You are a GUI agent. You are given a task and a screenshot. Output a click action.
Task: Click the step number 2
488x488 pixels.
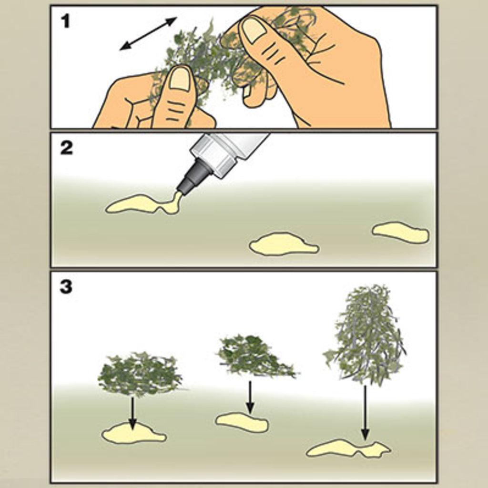66,148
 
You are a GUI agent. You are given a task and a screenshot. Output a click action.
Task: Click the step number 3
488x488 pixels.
66,286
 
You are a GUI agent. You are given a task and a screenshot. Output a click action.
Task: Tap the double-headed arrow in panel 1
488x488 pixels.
149,33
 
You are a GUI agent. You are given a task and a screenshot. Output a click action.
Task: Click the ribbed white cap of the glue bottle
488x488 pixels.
216,154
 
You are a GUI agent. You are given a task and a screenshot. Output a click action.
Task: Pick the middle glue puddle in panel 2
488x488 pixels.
283,244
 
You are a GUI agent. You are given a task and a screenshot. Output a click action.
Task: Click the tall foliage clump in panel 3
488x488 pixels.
365,332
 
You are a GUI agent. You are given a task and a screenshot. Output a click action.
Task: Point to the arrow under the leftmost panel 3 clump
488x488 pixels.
133,413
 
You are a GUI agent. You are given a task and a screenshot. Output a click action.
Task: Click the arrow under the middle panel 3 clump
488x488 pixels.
250,397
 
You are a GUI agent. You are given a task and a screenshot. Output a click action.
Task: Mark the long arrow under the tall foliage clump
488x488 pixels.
365,413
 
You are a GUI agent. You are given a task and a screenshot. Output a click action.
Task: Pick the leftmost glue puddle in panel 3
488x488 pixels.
133,433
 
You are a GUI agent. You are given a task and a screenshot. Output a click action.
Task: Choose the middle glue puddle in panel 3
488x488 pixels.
242,422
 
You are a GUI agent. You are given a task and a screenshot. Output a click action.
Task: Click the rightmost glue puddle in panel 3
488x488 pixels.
348,448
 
